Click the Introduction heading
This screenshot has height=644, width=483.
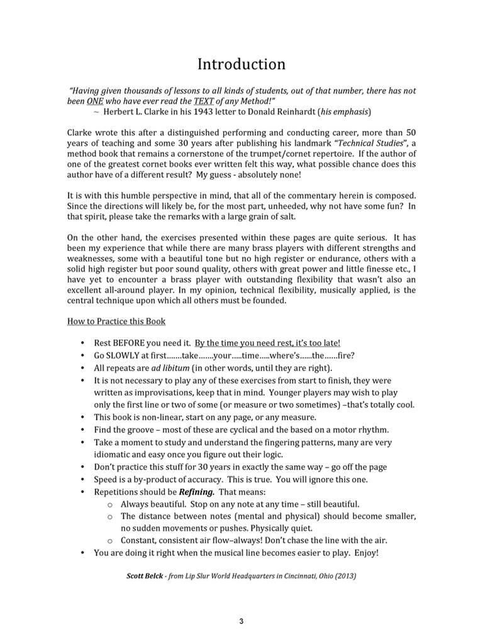[241, 64]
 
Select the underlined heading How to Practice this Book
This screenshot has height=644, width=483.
[116, 321]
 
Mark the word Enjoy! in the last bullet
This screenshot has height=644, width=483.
[361, 553]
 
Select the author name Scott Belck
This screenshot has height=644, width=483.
[147, 575]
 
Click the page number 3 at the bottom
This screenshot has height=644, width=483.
[241, 622]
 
